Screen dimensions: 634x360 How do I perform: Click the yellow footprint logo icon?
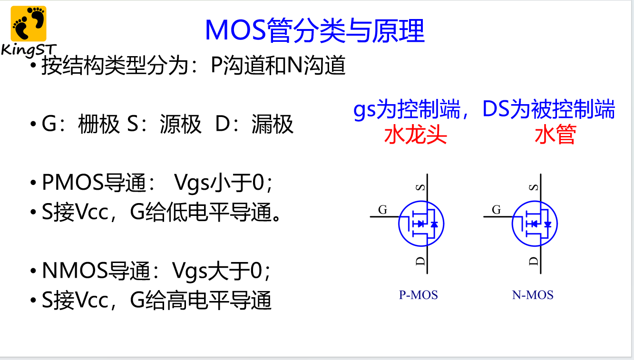[29, 23]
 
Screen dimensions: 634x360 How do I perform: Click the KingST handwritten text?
[29, 50]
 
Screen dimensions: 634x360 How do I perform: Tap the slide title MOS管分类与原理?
[315, 30]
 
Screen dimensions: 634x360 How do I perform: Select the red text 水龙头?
[416, 135]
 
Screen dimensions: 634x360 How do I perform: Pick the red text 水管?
[556, 135]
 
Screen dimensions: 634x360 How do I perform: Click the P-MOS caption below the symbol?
[419, 295]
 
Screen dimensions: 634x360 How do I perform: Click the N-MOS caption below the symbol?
[533, 295]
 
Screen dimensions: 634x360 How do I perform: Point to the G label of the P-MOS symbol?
[383, 210]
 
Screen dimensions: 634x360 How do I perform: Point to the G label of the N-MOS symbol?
[497, 210]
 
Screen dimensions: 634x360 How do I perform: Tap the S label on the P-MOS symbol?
[420, 187]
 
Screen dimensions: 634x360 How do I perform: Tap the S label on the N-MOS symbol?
[534, 187]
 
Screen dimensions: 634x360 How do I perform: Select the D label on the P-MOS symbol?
[420, 261]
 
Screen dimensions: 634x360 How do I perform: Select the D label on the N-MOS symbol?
[534, 261]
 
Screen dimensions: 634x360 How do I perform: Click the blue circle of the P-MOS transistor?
[399, 224]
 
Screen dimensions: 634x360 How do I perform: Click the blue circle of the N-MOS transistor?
[513, 224]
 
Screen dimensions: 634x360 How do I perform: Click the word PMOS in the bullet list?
[73, 183]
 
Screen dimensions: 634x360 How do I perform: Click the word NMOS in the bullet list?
[75, 271]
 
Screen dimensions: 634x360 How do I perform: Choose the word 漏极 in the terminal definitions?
[272, 124]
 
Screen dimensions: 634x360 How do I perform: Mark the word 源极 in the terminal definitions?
[181, 124]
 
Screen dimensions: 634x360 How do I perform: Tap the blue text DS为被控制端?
[548, 109]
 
